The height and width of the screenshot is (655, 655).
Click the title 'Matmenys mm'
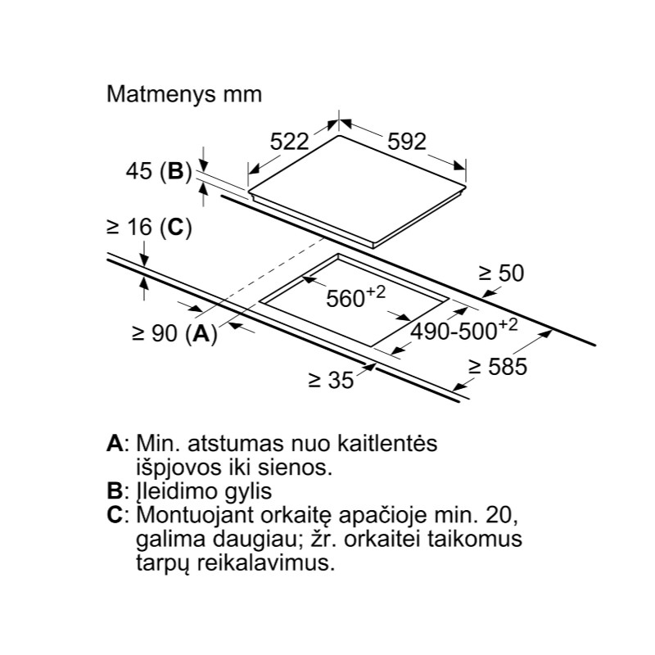(184, 95)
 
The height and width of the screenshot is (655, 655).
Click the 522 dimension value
(289, 142)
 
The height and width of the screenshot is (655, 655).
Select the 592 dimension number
(406, 142)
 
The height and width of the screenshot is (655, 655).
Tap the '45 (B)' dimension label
(159, 171)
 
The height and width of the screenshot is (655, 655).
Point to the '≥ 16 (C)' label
(149, 228)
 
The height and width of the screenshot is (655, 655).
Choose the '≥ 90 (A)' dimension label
(174, 333)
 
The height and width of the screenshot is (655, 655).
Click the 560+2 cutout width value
(355, 297)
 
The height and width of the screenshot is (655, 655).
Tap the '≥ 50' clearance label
(501, 273)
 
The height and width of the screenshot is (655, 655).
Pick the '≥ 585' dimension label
(498, 367)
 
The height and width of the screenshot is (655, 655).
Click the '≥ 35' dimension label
(331, 380)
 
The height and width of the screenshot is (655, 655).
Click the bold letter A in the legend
(115, 443)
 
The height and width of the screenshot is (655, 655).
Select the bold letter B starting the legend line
(115, 491)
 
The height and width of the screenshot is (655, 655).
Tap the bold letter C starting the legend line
(115, 515)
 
